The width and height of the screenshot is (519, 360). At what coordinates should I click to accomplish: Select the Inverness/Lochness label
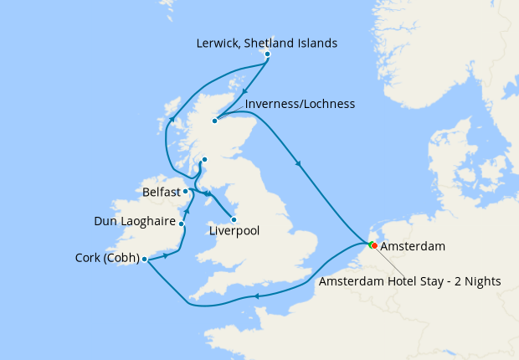point(300,104)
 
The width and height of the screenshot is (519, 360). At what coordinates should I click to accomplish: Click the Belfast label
point(161,192)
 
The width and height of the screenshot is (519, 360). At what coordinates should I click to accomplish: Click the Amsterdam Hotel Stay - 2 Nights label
point(410,281)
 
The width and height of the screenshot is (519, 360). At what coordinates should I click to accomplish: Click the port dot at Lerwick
point(267,54)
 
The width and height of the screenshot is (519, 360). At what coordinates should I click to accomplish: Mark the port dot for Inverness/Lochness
point(214,121)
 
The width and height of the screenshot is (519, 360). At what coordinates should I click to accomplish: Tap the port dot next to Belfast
point(185,192)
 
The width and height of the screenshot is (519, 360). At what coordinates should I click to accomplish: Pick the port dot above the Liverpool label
point(234,220)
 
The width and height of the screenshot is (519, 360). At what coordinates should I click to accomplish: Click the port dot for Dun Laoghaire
point(181,224)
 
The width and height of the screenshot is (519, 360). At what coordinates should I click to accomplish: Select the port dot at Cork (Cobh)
point(145,259)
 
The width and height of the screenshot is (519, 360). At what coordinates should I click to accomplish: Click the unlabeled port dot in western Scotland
point(203,159)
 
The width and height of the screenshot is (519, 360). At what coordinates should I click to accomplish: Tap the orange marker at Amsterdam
point(374,246)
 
